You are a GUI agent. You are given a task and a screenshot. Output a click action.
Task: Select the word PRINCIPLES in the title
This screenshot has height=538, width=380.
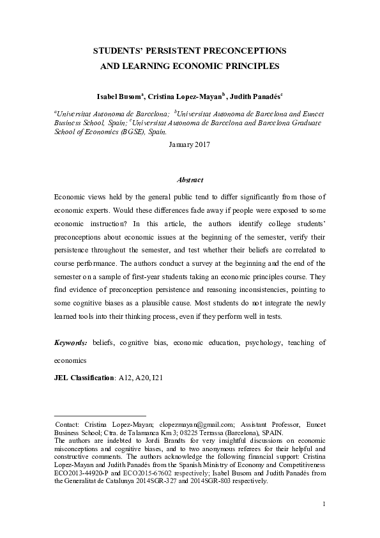click(x=247, y=65)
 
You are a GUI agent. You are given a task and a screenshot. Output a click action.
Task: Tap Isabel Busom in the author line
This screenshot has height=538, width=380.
click(x=119, y=96)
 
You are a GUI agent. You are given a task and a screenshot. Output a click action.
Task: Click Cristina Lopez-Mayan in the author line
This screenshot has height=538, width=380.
click(x=185, y=96)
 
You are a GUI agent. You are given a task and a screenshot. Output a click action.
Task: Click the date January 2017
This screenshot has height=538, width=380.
click(x=190, y=145)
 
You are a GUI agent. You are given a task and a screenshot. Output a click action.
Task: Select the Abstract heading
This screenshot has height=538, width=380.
click(x=190, y=181)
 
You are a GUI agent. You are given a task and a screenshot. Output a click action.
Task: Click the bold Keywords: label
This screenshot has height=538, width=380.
click(x=71, y=342)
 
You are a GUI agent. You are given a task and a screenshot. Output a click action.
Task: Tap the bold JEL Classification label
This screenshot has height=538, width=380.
click(x=82, y=378)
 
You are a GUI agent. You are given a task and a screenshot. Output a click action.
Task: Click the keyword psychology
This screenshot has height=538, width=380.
click(x=262, y=342)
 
